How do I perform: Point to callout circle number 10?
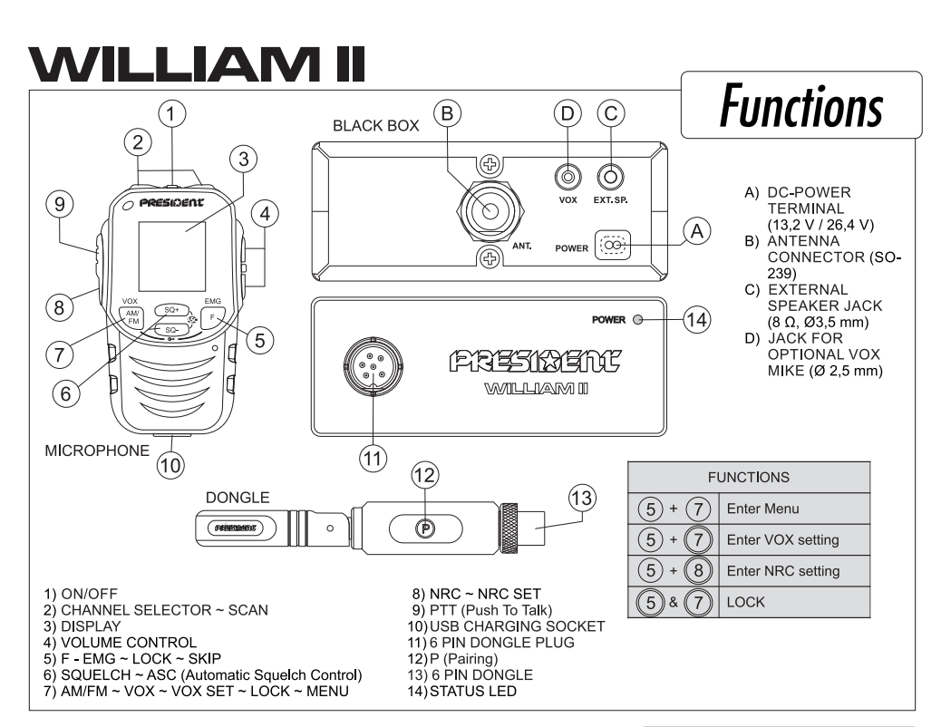click(x=170, y=465)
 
